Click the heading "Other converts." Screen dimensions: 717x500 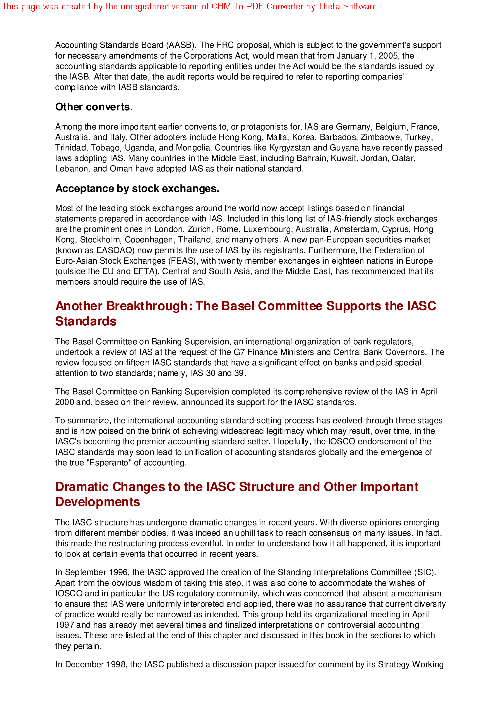coord(94,107)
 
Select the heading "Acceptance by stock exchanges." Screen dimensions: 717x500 coord(137,189)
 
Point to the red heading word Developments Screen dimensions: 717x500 coord(98,502)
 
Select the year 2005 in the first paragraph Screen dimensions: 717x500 coord(388,56)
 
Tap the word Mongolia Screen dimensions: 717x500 coord(193,148)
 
